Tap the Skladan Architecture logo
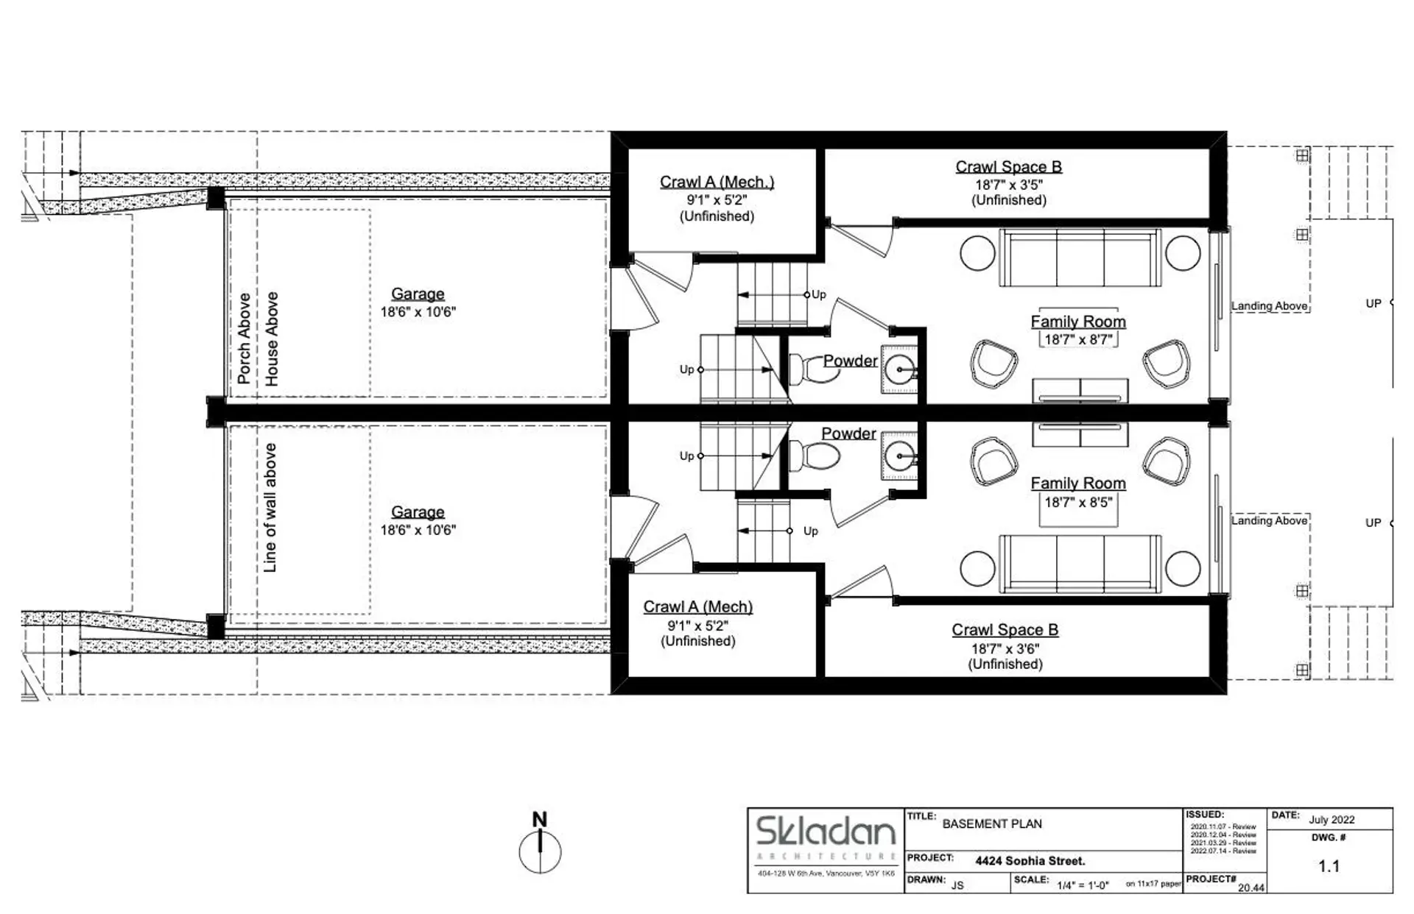(x=826, y=832)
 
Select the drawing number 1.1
(x=1329, y=866)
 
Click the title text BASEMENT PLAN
(x=992, y=824)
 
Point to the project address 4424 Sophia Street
(x=1030, y=860)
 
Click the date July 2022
(x=1332, y=820)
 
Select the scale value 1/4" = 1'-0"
(x=1083, y=885)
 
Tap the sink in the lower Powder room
(x=900, y=456)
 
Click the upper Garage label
(x=418, y=294)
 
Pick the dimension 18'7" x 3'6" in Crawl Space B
(x=1005, y=648)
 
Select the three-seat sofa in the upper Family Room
(x=1080, y=258)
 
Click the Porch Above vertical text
(x=244, y=338)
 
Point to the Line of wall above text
(x=270, y=507)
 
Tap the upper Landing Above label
(x=1269, y=306)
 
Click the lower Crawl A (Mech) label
(x=697, y=607)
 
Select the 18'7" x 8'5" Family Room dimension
(x=1078, y=503)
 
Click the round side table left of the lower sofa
(x=978, y=568)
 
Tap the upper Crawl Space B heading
(x=1008, y=167)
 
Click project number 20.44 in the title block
(x=1251, y=888)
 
